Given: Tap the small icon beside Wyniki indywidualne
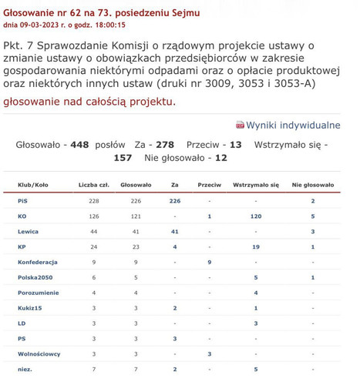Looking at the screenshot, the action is click(240, 125).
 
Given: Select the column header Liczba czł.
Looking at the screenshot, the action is click(94, 186).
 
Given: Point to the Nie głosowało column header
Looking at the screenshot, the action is click(313, 186).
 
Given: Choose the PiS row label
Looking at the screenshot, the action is click(22, 200).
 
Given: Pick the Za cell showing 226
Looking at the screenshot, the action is click(174, 200).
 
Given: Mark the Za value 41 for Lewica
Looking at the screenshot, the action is click(174, 231).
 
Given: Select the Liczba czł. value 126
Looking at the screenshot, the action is click(94, 216).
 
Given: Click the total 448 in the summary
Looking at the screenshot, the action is click(79, 144).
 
